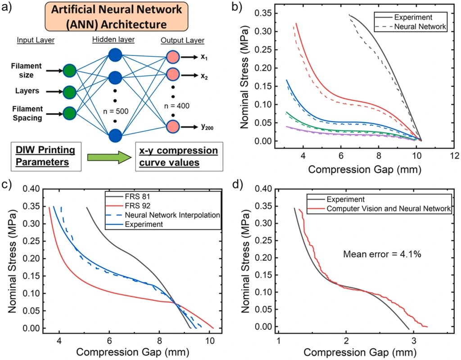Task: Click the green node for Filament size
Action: [70, 71]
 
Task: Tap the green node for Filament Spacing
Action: [70, 112]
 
